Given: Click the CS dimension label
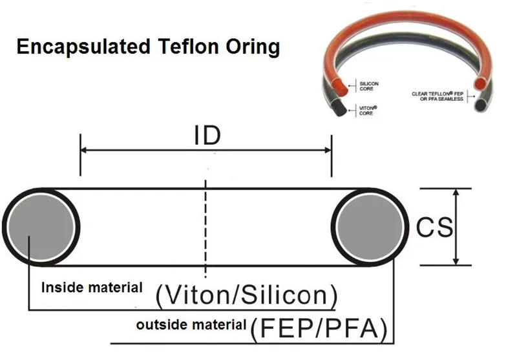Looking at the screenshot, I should (x=434, y=228).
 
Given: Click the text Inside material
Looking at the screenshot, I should (x=92, y=288).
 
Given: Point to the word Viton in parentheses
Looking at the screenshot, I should (x=193, y=296).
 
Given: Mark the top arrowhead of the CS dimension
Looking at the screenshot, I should (x=456, y=193).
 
